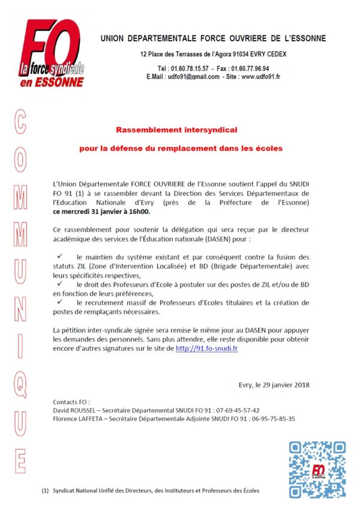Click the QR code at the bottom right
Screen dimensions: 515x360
click(x=317, y=470)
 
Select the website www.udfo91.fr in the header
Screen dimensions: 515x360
click(x=261, y=77)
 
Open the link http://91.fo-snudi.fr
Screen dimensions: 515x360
click(x=207, y=348)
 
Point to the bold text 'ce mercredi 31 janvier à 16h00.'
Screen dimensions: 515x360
click(x=101, y=212)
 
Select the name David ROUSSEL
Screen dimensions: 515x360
click(x=74, y=410)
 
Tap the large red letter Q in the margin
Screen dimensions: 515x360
click(x=20, y=381)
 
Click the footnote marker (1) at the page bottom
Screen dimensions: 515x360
click(x=45, y=491)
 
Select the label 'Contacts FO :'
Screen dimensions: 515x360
click(x=71, y=401)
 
